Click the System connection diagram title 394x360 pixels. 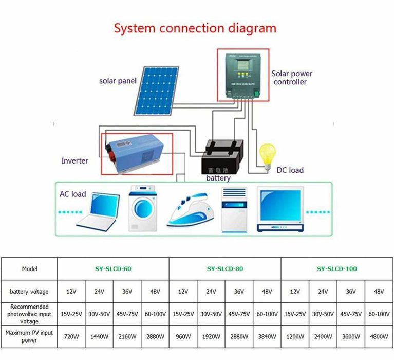tap(195, 28)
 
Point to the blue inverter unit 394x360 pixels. tap(137, 153)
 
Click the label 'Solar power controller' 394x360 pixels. tap(291, 78)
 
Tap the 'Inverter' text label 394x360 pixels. tap(75, 161)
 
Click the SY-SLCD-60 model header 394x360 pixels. tap(113, 268)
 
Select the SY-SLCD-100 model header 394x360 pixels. tap(336, 268)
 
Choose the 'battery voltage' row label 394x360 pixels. tap(29, 292)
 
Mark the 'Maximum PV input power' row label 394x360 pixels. tap(29, 336)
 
